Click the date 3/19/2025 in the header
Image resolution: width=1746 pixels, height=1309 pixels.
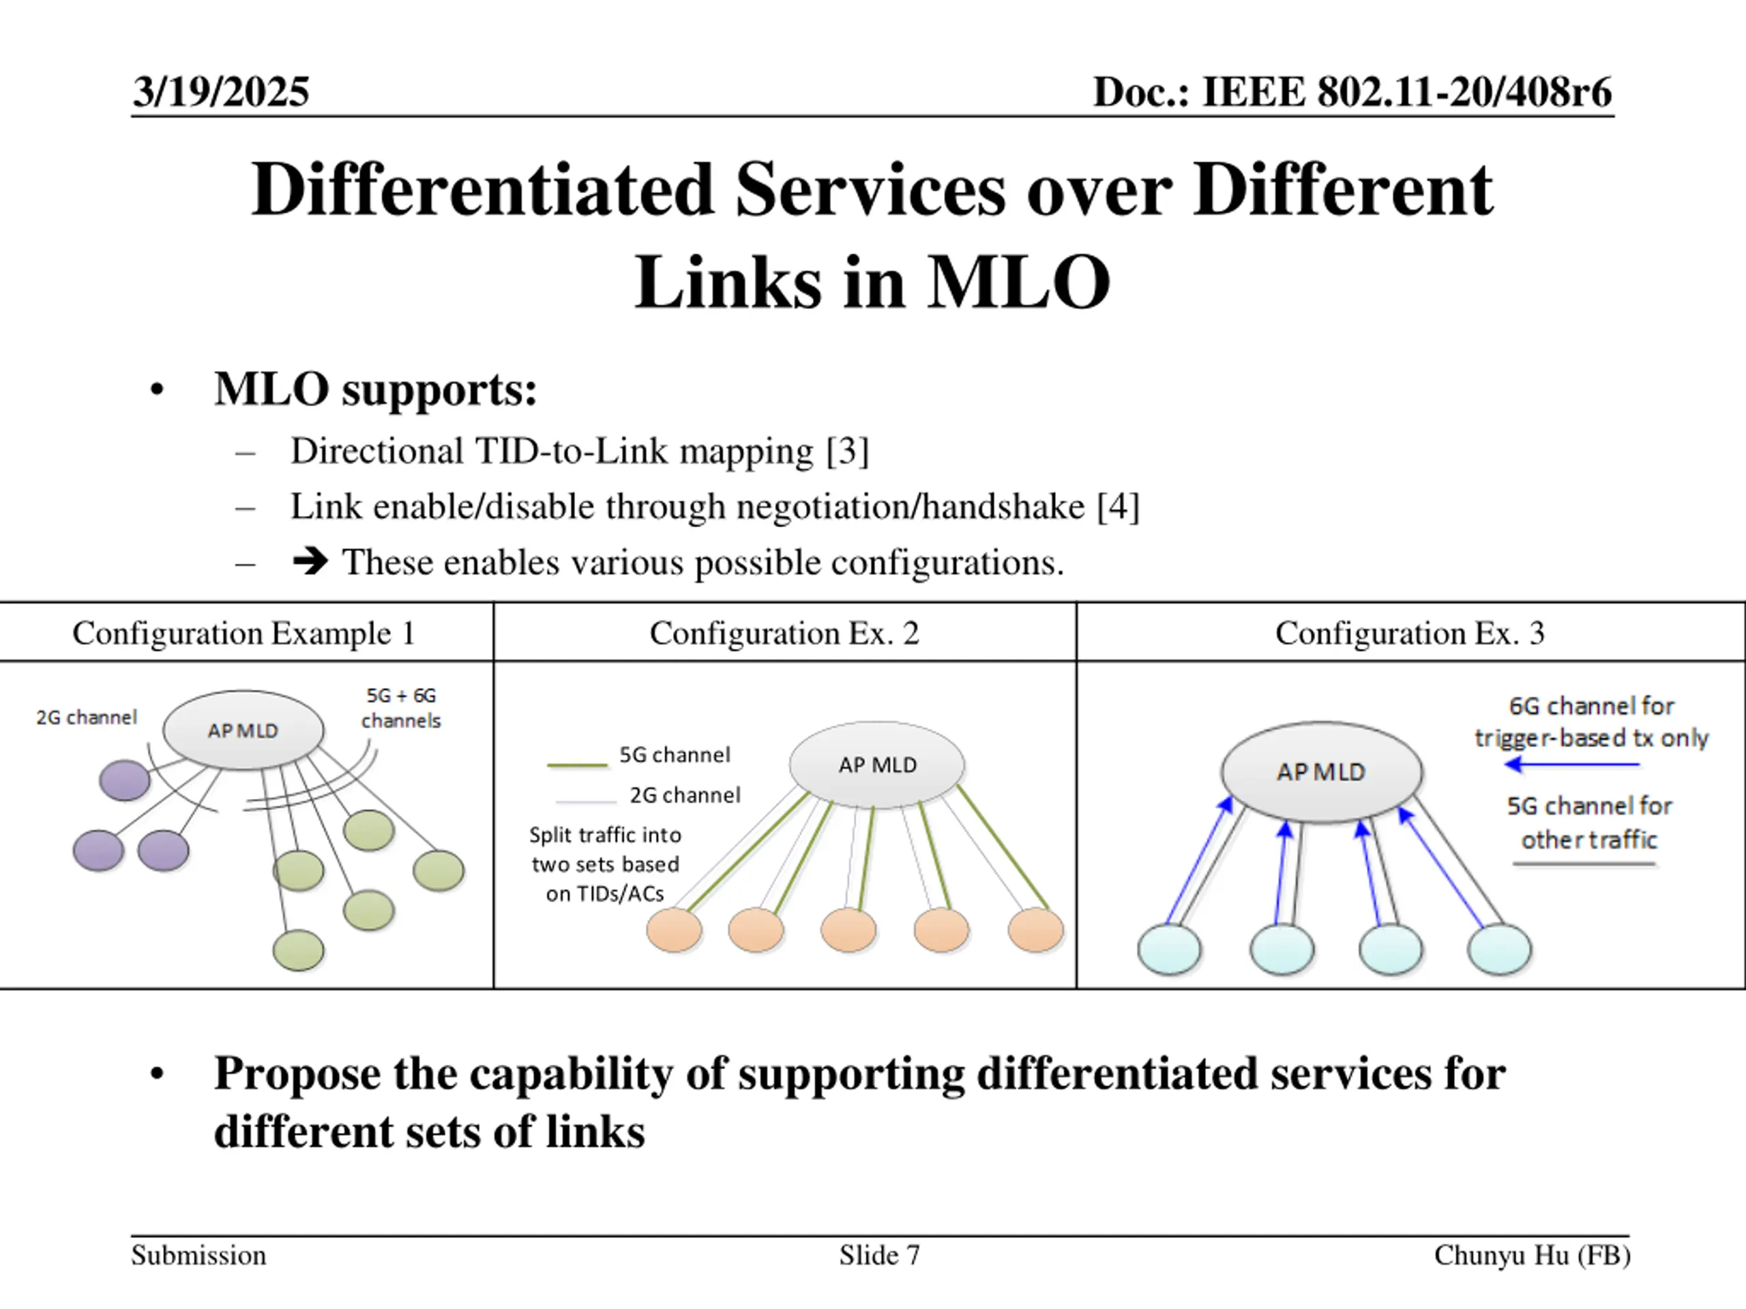221,91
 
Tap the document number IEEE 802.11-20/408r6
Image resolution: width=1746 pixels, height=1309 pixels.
1406,91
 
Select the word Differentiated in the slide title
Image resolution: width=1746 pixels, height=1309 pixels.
482,190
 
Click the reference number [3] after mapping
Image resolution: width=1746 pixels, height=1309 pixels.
847,452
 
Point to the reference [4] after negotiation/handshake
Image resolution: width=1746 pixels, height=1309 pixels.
1118,507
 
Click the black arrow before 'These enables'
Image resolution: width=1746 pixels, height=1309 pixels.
310,562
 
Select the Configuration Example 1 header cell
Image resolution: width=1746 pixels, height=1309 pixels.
244,633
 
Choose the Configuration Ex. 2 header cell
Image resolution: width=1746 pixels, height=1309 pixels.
784,633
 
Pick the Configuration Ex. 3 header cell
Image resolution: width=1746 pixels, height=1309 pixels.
1409,633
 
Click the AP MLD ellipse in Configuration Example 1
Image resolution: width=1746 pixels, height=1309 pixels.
243,731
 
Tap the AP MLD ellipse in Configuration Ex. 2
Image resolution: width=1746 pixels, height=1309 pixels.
877,764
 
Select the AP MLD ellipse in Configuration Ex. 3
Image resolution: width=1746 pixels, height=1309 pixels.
1321,772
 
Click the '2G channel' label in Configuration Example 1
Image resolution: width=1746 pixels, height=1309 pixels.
87,717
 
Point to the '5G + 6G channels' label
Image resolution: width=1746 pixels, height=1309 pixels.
401,708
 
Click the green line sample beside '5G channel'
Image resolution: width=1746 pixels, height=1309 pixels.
577,764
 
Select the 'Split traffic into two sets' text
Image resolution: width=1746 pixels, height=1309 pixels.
605,864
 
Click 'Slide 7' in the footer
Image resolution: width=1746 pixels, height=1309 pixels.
879,1254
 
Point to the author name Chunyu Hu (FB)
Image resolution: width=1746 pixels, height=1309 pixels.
1531,1254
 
